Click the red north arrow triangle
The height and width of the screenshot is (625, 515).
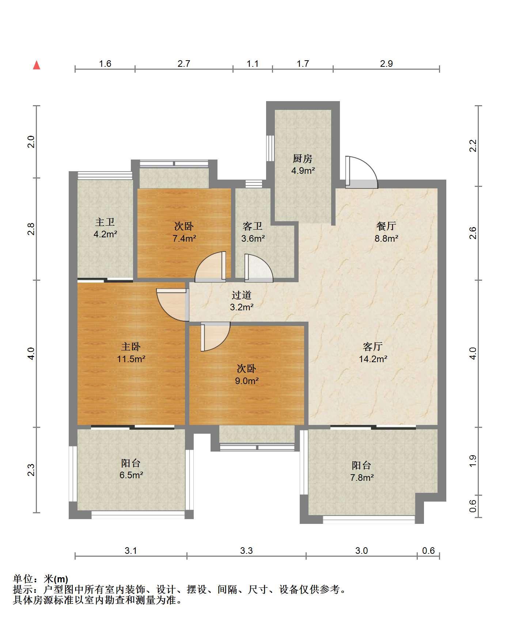pos(37,65)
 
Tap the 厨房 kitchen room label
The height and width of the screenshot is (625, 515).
pos(303,159)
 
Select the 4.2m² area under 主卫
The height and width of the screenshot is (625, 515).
pos(105,234)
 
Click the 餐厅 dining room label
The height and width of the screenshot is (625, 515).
pos(386,226)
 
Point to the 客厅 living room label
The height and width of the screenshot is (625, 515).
pos(373,346)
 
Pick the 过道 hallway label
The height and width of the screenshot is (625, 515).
pos(242,295)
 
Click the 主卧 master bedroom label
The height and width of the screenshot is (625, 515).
pos(131,346)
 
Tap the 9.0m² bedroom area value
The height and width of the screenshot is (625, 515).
pos(247,381)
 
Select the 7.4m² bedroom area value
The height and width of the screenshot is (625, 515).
pos(184,238)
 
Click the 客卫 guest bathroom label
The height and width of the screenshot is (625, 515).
pos(253,226)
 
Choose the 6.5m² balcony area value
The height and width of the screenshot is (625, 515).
pos(131,475)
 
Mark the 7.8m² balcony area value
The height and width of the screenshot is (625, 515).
pos(362,477)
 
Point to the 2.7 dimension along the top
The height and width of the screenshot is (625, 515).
pos(184,64)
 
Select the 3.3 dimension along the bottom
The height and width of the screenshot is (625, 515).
pos(246,551)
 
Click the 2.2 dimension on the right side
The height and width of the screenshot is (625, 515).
pos(473,146)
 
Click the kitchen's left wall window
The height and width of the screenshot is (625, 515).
pos(270,148)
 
